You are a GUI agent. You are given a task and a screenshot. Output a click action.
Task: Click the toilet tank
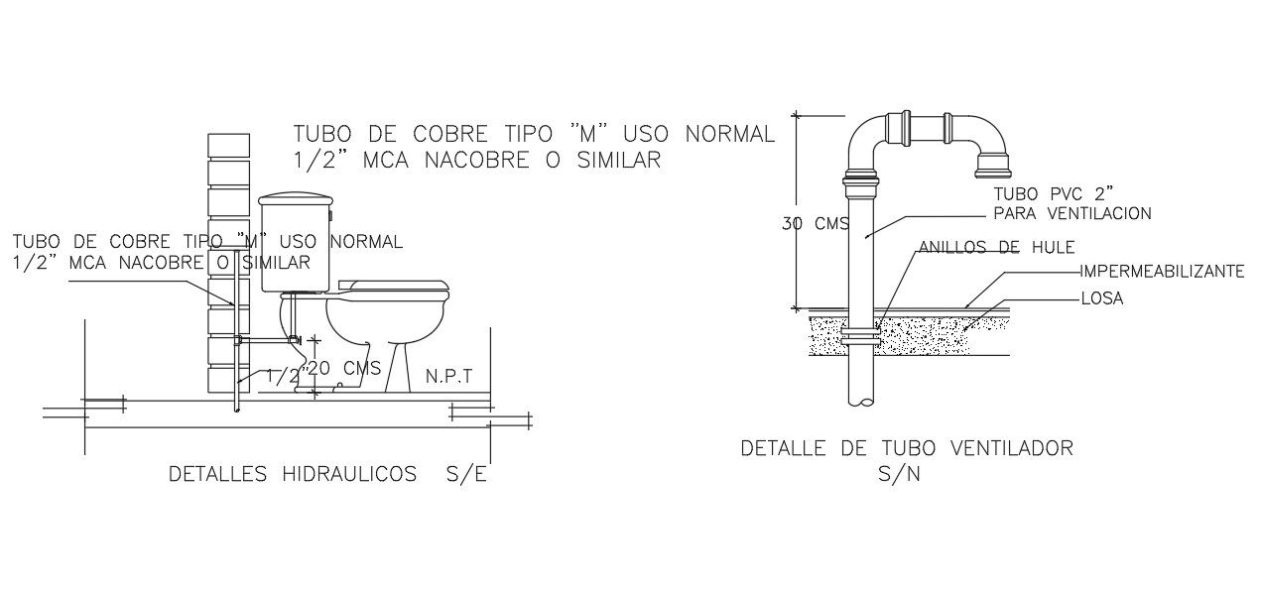[x=295, y=244]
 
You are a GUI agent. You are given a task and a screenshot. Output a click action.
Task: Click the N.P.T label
[x=448, y=377]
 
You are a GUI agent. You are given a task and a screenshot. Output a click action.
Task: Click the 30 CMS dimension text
[x=815, y=224]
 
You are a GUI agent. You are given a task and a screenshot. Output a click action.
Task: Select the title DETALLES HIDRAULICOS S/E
[x=328, y=475]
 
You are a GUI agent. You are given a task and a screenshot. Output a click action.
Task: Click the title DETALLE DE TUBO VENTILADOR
[x=907, y=448]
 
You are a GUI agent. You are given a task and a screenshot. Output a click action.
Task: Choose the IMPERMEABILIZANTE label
[x=1161, y=271]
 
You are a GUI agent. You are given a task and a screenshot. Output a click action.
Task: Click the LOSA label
[x=1101, y=298]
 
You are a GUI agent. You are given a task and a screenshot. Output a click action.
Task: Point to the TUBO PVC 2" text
[x=1044, y=193]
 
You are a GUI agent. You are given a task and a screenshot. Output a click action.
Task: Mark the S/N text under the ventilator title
[x=899, y=474]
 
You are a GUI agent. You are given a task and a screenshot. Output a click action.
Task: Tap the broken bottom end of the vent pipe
[x=862, y=401]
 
